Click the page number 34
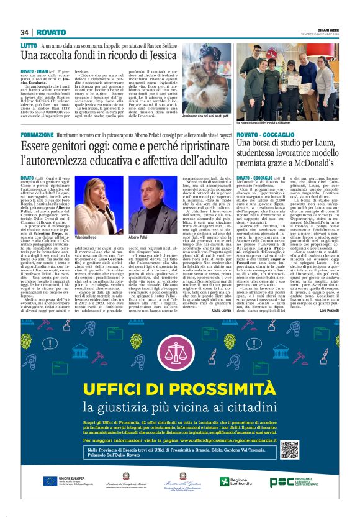click(x=25, y=32)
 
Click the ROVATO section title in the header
click(x=50, y=32)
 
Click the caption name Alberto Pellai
click(x=138, y=237)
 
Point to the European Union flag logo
click(x=51, y=481)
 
